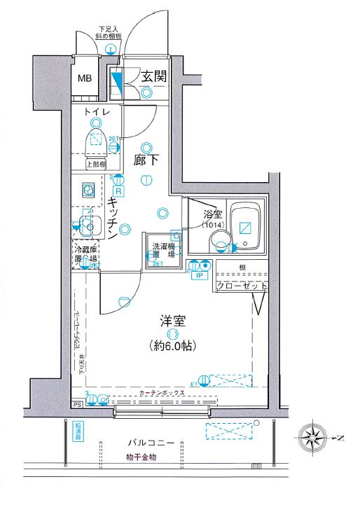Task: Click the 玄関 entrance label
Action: (x=153, y=76)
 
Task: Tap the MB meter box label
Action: (x=85, y=78)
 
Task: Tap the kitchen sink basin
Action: (x=89, y=226)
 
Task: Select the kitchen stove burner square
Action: (x=88, y=189)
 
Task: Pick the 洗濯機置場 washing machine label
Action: (x=163, y=251)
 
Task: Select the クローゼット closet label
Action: (x=241, y=286)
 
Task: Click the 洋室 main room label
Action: (x=172, y=322)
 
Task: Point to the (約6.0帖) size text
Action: (x=172, y=345)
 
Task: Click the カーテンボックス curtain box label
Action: (x=162, y=394)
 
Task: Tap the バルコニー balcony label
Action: (x=155, y=443)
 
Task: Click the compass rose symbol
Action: (x=312, y=439)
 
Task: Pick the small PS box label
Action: (x=76, y=404)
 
